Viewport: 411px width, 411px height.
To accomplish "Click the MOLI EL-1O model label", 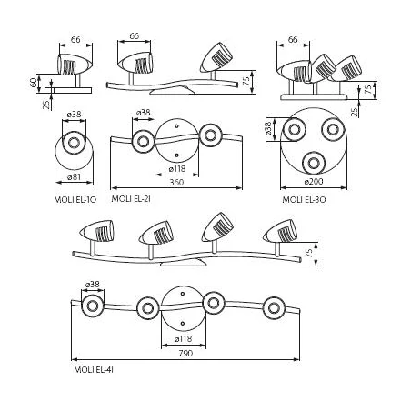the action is pos(75,200).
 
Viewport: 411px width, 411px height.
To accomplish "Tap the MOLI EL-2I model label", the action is pos(131,199).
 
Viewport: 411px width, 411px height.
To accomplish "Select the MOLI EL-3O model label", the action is pos(304,200).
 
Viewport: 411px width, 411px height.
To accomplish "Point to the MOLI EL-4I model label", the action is pos(94,370).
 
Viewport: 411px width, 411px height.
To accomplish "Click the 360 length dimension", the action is pos(176,182).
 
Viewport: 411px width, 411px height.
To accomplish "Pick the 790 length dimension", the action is pos(185,353).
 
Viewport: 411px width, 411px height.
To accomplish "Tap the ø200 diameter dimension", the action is pos(314,182).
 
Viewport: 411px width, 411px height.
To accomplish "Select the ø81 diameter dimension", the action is pos(74,176).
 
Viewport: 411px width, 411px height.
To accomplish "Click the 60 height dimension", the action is pos(34,83).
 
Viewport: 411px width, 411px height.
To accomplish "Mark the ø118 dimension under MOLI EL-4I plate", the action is pos(184,338).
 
